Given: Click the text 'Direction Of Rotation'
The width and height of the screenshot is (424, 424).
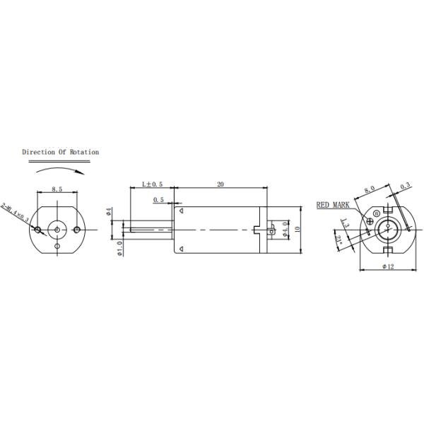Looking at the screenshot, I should (60, 152).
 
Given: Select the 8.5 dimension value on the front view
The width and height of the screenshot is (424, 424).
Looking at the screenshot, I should (58, 189).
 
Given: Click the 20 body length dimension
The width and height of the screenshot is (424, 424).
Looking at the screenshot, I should (220, 184).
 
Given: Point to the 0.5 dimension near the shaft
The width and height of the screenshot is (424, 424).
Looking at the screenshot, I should (159, 200).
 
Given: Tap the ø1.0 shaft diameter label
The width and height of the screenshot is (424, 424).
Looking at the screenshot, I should (119, 248).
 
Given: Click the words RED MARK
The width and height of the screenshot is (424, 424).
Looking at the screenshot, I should (333, 204).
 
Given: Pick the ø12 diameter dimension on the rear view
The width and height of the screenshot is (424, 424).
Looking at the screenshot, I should (388, 266).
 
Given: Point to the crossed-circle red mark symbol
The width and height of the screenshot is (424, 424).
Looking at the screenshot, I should (376, 213).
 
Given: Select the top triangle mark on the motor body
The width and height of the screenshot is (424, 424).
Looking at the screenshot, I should (181, 211).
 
